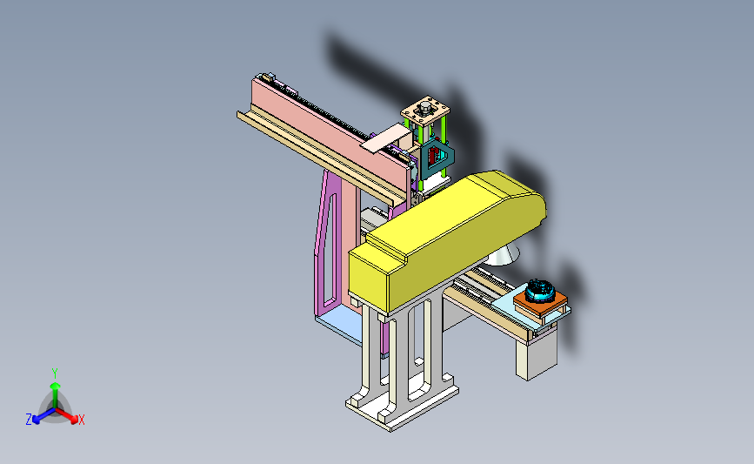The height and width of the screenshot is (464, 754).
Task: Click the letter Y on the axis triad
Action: point(55,373)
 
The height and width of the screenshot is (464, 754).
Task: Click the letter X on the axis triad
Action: point(82,420)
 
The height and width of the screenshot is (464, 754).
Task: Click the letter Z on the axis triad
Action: point(29,420)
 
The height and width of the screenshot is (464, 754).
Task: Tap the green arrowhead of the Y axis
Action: point(55,386)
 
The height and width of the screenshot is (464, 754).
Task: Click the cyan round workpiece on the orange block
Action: point(540,291)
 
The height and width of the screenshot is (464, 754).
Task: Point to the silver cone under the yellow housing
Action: point(503,255)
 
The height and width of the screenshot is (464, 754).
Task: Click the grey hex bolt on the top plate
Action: point(425,106)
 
